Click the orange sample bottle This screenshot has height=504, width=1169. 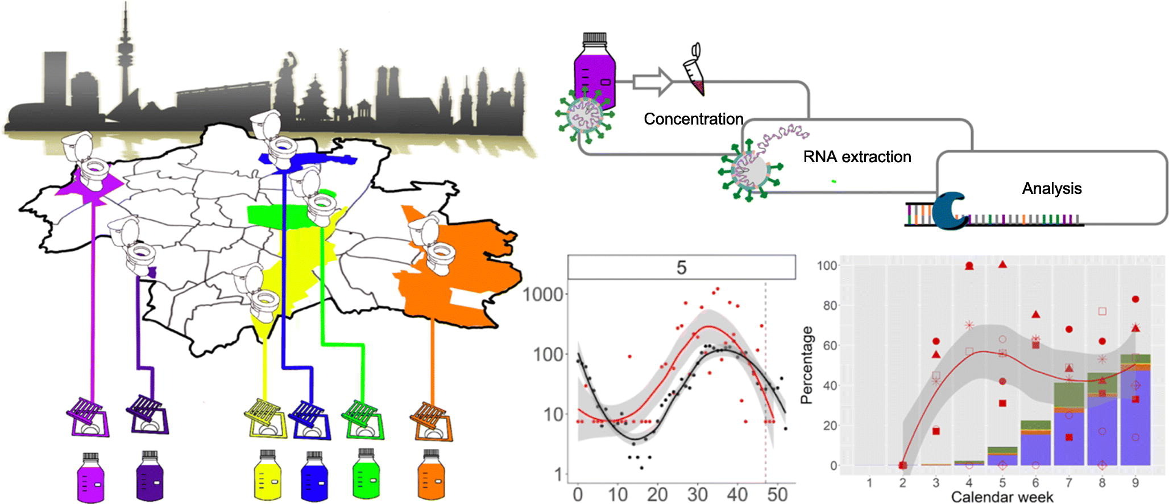pos(431,476)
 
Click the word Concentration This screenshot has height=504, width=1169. pos(693,119)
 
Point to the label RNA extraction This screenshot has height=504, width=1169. pos(857,157)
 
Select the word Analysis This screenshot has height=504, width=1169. pos(1051,189)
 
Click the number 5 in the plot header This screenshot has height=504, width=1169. pos(681,268)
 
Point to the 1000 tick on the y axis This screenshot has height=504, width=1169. pos(544,295)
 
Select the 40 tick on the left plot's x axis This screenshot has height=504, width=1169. pos(737,494)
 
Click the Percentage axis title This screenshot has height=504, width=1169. pos(806,365)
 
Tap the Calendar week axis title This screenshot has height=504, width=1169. pos(1002,497)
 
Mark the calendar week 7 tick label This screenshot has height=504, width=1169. pos(1069,482)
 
